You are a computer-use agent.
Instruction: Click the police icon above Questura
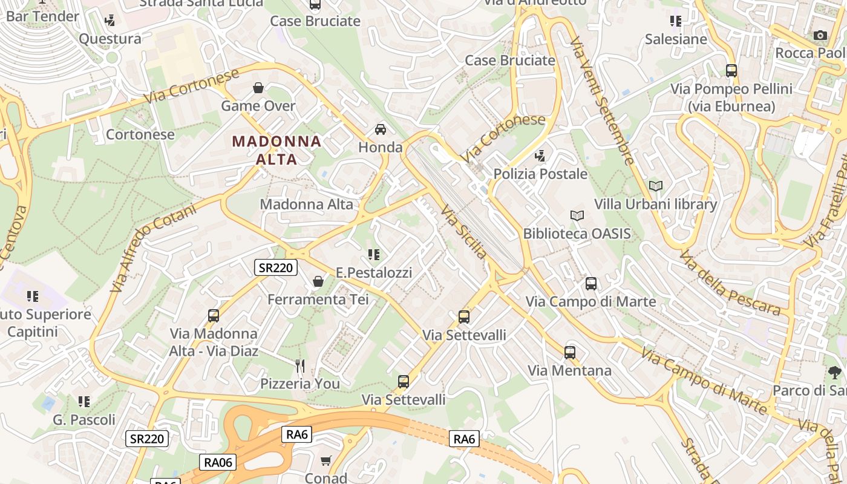[x=110, y=21]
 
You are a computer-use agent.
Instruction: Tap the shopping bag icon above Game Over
[x=258, y=88]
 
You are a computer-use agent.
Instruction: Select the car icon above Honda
[x=381, y=129]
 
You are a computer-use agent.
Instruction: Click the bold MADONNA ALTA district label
[x=276, y=150]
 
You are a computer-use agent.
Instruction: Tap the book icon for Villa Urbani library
[x=655, y=186]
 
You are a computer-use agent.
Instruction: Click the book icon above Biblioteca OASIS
[x=577, y=215]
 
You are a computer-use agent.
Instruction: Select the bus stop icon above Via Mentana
[x=570, y=352]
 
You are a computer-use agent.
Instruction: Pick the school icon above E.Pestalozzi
[x=374, y=255]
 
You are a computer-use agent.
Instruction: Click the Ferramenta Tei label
[x=318, y=299]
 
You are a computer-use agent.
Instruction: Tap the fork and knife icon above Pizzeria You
[x=300, y=365]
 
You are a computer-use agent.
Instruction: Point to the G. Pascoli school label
[x=84, y=419]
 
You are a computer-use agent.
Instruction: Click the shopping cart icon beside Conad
[x=326, y=461]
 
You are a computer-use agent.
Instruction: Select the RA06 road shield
[x=218, y=462]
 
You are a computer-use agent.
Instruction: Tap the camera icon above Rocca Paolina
[x=820, y=35]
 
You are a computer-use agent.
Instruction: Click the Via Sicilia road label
[x=463, y=231]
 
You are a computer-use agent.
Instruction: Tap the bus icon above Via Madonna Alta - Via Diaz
[x=214, y=315]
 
